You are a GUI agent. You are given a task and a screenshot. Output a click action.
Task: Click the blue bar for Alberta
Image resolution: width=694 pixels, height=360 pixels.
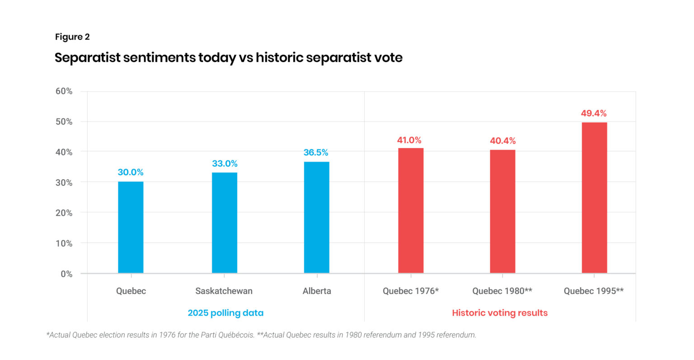coord(316,217)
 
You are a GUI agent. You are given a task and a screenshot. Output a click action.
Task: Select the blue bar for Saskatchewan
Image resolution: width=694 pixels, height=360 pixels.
coord(225,223)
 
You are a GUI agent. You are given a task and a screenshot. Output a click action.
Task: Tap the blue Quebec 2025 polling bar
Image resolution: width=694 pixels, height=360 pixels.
coord(131,227)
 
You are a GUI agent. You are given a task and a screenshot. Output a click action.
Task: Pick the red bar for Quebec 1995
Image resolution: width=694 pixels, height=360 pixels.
coord(594,197)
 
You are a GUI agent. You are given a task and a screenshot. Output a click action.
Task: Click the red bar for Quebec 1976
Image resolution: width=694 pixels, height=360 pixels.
coord(411,210)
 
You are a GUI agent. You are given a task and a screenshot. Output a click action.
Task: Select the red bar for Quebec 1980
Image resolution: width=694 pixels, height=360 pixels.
coord(502,211)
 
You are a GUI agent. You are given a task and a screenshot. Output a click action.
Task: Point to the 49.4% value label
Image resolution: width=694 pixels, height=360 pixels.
coord(594,113)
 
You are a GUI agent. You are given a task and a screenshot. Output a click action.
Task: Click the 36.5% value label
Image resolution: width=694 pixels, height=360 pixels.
coord(316,153)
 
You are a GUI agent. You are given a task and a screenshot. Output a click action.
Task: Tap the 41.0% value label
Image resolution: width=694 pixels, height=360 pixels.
coord(409,140)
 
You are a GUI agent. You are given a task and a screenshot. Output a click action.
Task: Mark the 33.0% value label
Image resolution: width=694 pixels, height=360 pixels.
coord(225,164)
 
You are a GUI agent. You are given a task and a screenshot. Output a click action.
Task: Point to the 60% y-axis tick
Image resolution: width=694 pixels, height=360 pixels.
coord(64,91)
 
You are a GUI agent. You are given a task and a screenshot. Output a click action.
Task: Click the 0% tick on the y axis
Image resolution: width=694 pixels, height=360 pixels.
coord(66,274)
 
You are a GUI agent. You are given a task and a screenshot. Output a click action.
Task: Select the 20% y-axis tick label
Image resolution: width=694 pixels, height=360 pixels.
coord(64,213)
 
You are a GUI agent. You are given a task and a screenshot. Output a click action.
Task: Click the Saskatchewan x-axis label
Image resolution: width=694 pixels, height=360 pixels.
coord(224,291)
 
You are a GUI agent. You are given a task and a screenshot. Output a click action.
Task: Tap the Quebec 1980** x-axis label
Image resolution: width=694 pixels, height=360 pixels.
coord(502,291)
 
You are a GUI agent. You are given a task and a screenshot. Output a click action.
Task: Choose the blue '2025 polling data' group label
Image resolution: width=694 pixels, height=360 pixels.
coord(225,313)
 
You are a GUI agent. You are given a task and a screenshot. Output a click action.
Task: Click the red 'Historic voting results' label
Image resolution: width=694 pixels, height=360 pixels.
coord(500,313)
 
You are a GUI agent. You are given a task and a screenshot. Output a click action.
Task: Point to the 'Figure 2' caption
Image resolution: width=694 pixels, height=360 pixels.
coord(72,37)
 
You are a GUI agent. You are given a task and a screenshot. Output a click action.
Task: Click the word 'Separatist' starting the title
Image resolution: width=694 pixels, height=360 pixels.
coord(87,58)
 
